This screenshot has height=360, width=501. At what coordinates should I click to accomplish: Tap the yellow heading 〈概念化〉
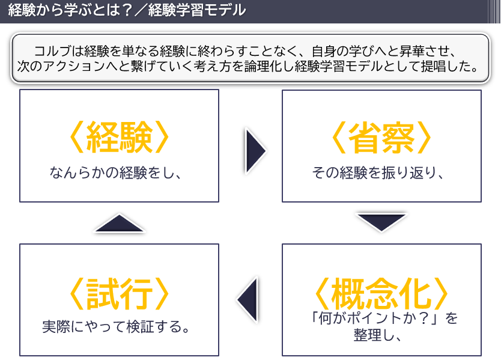pyautogui.click(x=381, y=293)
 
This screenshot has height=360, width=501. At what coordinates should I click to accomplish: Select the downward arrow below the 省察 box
pyautogui.click(x=381, y=221)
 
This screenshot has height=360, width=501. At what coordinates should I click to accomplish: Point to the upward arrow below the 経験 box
pyautogui.click(x=120, y=224)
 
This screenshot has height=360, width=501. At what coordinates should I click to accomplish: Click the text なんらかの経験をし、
pyautogui.click(x=115, y=173)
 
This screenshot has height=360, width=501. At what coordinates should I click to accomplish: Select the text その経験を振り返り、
pyautogui.click(x=378, y=173)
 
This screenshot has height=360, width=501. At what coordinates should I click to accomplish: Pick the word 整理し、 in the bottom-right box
pyautogui.click(x=382, y=335)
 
